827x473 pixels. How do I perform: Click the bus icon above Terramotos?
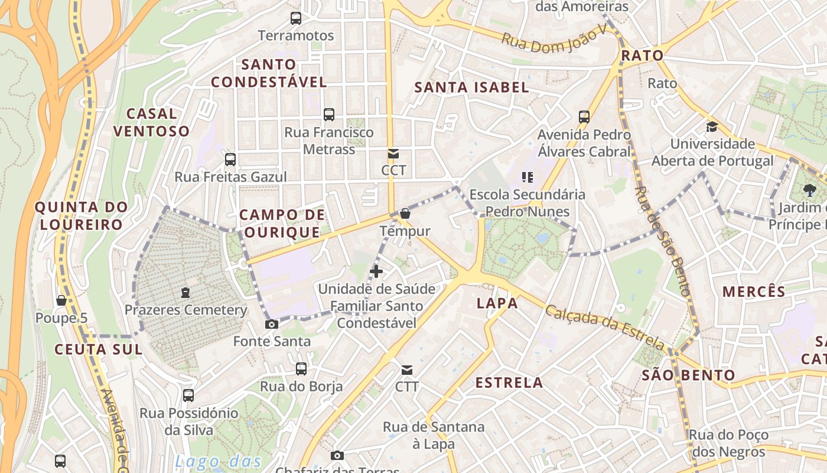point(296,18)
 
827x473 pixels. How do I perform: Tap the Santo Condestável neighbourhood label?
point(269,73)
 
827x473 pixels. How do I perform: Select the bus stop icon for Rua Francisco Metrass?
point(329,115)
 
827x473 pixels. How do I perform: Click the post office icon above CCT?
point(393,154)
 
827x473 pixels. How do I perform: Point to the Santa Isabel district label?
point(471,88)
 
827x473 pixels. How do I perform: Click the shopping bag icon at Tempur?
point(405,213)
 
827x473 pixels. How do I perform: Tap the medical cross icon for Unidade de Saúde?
point(376,271)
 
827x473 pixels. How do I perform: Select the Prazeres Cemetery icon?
point(185,293)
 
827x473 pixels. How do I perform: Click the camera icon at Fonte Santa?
point(272,324)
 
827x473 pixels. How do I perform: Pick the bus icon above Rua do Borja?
point(301,370)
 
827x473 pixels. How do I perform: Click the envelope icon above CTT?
point(407,370)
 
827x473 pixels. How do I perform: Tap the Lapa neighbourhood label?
point(497,303)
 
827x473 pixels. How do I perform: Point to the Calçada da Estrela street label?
point(605,326)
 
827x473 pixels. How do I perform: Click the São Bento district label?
point(688,375)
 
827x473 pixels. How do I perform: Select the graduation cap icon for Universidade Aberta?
point(712,127)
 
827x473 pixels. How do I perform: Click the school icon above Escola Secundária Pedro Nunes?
point(528,177)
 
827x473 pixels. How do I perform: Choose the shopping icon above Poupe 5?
point(61,300)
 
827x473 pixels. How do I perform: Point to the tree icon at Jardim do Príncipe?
point(809,190)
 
